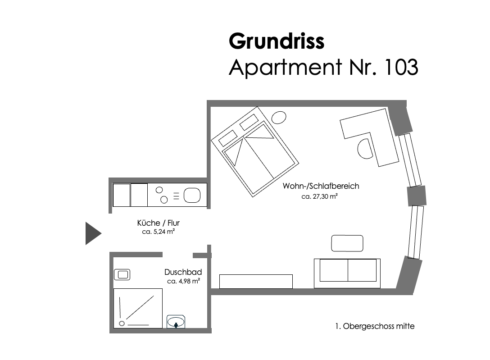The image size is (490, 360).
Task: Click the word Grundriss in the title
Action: [x=277, y=41]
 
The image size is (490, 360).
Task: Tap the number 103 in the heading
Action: [x=401, y=67]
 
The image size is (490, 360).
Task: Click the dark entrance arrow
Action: [x=93, y=233]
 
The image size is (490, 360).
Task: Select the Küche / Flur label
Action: [x=159, y=223]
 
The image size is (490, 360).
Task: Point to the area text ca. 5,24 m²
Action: [x=159, y=232]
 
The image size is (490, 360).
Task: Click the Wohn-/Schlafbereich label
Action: [x=321, y=186]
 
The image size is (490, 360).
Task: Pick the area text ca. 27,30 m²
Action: [x=319, y=196]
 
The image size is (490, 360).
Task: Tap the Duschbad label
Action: [x=183, y=272]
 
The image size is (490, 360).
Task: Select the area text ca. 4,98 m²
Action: [x=183, y=281]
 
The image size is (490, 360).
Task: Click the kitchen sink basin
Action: [x=192, y=195]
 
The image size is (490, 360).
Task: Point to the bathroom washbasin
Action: [x=176, y=322]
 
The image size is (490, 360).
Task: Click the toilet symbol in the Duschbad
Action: [x=122, y=275]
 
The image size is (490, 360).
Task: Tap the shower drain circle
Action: [x=122, y=324]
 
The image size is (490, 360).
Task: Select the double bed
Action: [x=255, y=152]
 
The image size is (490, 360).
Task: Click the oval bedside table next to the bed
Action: [x=279, y=118]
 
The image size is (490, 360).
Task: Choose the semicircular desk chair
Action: [x=365, y=149]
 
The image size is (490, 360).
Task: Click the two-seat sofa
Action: [x=347, y=273]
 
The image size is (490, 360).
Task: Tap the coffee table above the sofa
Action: [x=347, y=243]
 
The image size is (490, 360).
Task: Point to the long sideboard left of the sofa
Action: [x=256, y=281]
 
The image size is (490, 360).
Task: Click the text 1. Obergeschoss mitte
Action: [x=375, y=326]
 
